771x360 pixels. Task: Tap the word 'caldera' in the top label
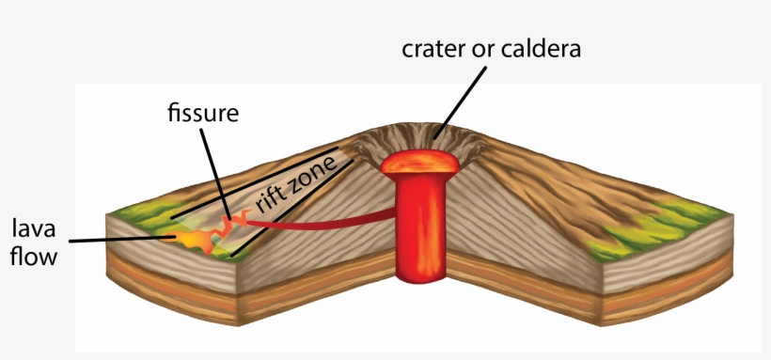point(543,48)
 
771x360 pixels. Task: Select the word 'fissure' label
point(202,114)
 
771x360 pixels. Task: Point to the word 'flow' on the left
point(34,256)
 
